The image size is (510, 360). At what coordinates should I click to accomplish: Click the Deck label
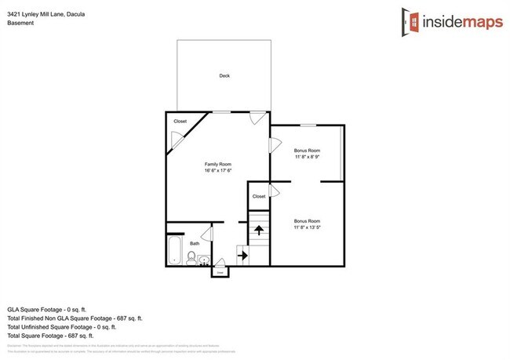tap(224, 76)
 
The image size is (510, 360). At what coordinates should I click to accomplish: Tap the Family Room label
tap(218, 164)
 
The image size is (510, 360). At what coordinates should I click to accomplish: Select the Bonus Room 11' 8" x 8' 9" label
tap(307, 153)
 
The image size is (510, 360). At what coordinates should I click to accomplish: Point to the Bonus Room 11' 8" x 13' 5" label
tap(307, 224)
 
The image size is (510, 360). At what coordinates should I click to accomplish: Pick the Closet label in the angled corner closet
tap(180, 122)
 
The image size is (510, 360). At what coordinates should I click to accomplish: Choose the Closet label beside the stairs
tap(258, 196)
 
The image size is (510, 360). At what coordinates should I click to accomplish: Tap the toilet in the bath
tap(191, 257)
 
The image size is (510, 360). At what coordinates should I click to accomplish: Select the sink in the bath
tap(204, 259)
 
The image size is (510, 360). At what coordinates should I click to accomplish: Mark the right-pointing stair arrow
tap(242, 255)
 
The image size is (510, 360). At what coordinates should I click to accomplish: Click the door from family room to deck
tap(257, 118)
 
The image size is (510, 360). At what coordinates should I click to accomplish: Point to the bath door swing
tap(206, 233)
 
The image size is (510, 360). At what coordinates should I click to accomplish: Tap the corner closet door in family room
tap(178, 141)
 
